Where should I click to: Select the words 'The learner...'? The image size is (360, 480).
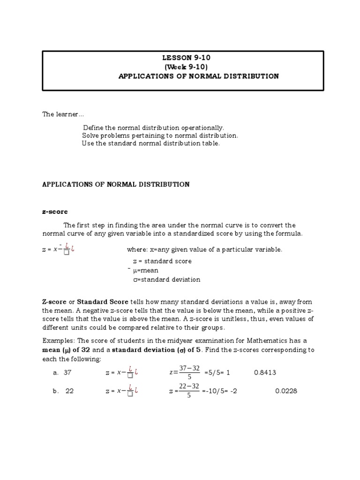[64, 114]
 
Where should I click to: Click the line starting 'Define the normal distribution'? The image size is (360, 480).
[153, 127]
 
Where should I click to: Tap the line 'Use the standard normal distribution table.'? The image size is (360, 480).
[150, 143]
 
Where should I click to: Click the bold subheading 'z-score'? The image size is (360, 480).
[55, 212]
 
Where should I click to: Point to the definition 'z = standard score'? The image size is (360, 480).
[162, 261]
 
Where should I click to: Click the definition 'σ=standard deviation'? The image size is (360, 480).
[166, 280]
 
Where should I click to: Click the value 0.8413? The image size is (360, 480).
[265, 373]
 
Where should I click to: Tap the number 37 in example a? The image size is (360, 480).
[67, 373]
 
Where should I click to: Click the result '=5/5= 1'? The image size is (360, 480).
[217, 373]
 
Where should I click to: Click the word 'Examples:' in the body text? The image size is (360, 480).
[58, 341]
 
